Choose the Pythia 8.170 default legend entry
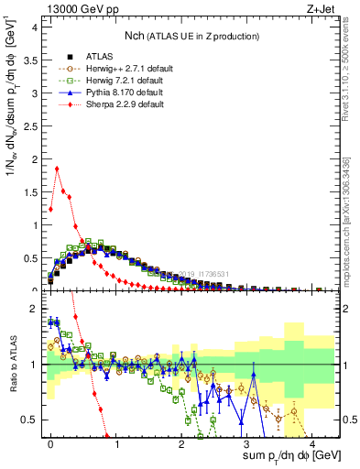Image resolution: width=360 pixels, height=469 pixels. [111, 92]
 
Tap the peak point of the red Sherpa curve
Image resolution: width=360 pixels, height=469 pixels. [57, 168]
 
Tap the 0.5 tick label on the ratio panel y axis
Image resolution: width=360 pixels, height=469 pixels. [32, 420]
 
